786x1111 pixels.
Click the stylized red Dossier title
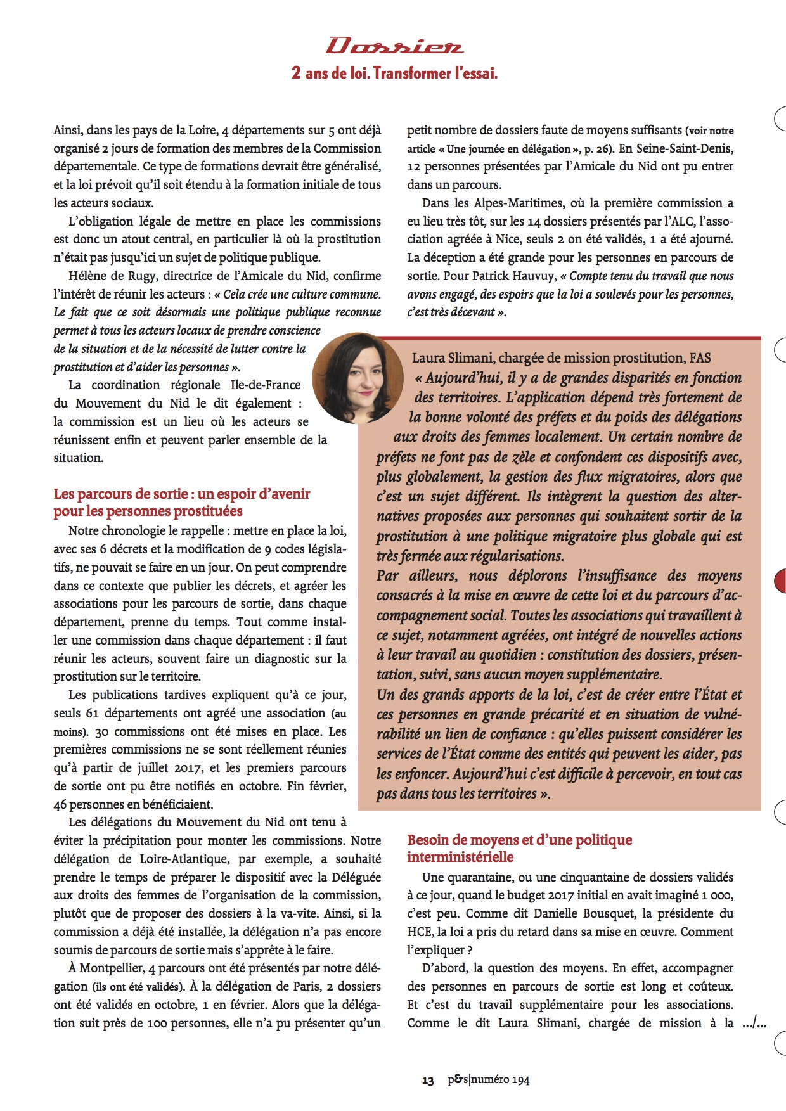[394, 46]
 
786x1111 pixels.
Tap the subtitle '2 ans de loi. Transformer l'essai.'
[394, 73]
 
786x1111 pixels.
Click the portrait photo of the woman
[358, 378]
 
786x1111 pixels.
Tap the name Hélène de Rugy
[110, 276]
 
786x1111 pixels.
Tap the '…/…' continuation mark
[754, 1023]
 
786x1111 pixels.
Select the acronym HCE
[419, 932]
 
